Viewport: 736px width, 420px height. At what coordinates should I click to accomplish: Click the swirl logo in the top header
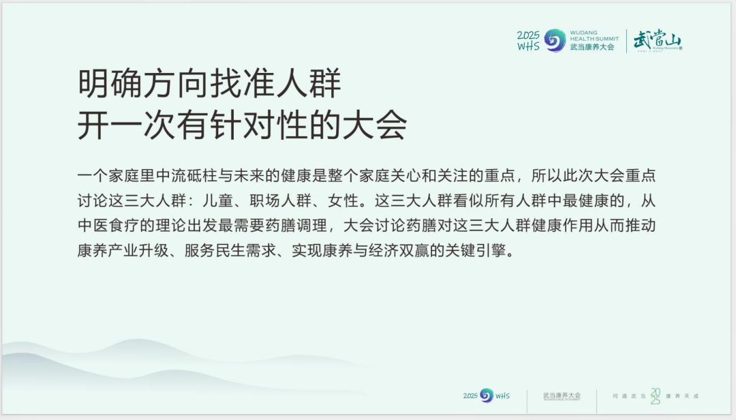(555, 40)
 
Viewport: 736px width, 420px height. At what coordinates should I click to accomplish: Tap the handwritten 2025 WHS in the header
(528, 41)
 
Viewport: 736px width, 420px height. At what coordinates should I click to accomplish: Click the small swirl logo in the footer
(486, 395)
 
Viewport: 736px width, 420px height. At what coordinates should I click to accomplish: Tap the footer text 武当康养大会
(562, 395)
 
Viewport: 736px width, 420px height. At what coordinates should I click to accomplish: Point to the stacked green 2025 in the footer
(655, 395)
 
